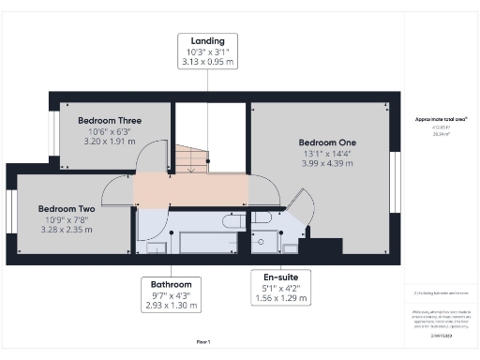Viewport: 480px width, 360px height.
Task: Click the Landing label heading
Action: [207, 42]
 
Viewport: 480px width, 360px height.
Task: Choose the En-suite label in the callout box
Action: [280, 277]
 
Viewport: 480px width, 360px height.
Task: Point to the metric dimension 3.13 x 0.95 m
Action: [207, 63]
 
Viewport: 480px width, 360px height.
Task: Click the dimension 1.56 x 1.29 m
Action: [280, 299]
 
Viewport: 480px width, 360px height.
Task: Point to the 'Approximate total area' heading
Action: [441, 119]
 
